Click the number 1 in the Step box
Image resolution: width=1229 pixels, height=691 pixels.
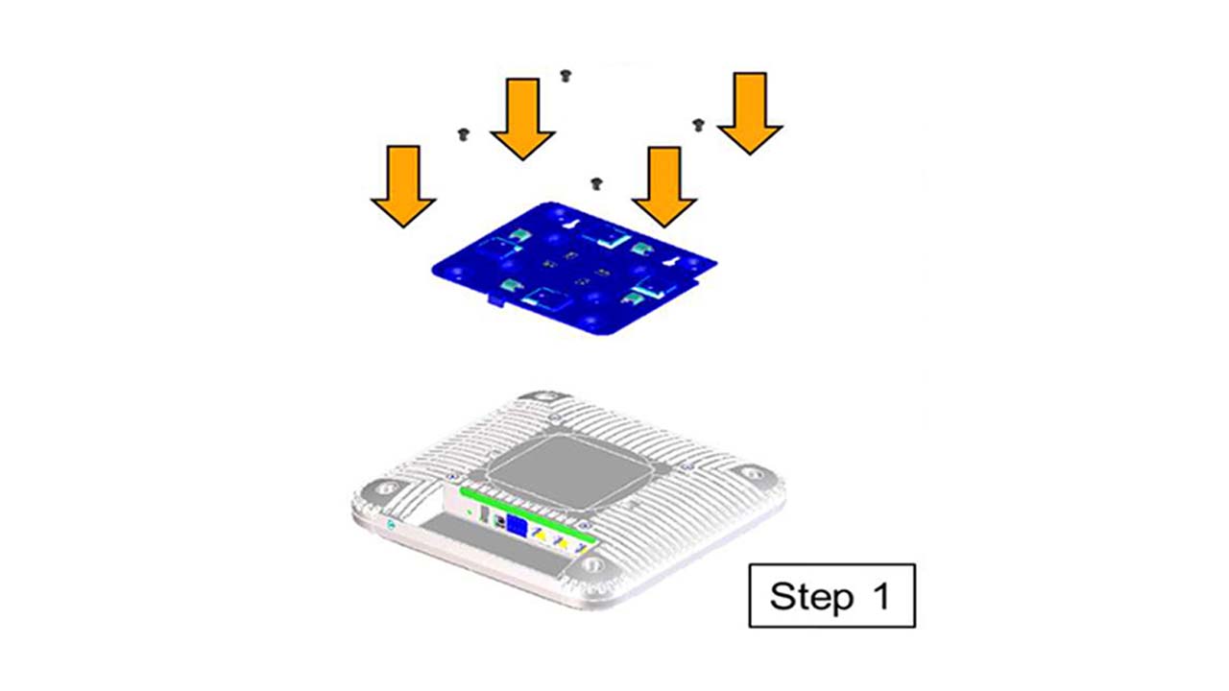point(882,596)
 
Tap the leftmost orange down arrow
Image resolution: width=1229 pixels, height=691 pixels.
point(404,186)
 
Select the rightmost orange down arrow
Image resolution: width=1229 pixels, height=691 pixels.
point(750,113)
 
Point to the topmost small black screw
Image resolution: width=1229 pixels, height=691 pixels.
point(566,76)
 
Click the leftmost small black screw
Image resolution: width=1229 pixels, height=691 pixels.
point(464,134)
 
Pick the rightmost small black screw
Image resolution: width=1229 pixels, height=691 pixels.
point(698,125)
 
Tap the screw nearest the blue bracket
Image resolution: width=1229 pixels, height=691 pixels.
point(597,184)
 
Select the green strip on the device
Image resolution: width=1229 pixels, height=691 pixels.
point(527,513)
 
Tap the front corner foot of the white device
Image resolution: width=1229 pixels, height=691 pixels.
point(592,564)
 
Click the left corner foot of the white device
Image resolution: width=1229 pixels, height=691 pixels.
point(383,488)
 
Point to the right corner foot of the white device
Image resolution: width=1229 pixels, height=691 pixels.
point(753,473)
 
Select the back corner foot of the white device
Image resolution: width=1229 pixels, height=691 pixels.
point(543,397)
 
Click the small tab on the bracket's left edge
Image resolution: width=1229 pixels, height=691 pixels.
point(496,300)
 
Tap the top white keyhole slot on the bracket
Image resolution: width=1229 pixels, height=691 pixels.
point(569,225)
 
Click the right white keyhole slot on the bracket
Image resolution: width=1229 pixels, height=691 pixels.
point(671,262)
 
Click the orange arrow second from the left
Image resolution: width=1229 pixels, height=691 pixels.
point(523,119)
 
